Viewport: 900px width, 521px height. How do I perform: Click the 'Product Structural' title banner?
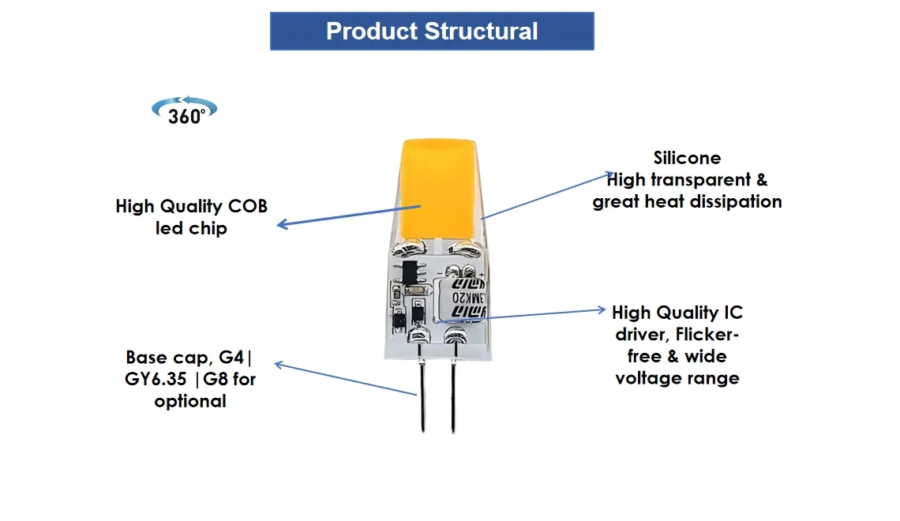click(432, 32)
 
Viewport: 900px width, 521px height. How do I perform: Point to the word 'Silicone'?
click(687, 158)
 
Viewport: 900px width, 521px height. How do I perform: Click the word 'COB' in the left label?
click(248, 207)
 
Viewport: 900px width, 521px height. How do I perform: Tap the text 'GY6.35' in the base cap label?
click(156, 379)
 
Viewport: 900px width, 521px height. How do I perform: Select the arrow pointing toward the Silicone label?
click(545, 195)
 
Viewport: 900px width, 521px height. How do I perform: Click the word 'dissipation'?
click(736, 202)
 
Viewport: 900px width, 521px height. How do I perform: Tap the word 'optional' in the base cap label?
click(190, 401)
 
